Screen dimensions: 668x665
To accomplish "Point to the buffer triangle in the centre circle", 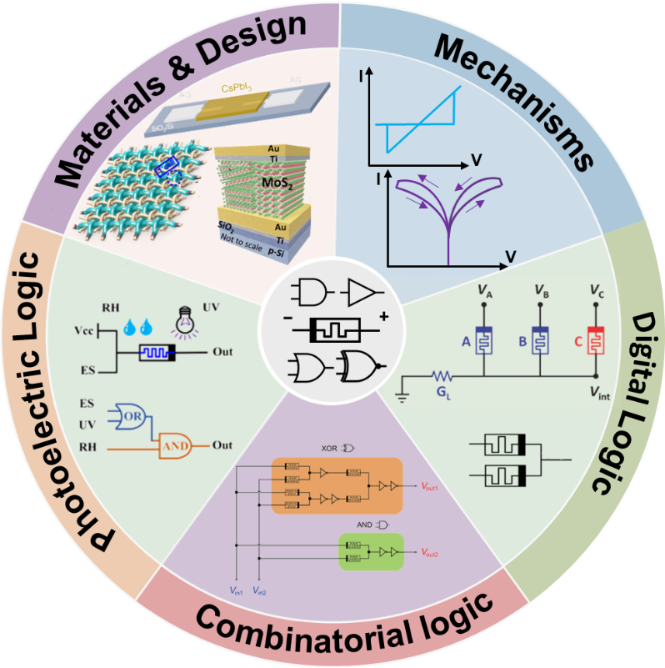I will coord(362,291).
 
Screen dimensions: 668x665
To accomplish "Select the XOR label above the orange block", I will coord(329,448).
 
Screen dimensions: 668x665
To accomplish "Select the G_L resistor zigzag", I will coord(442,374).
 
